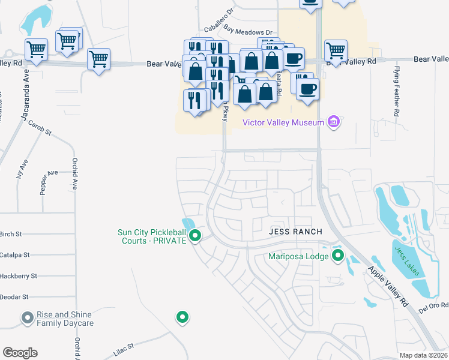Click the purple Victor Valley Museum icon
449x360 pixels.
tap(334, 123)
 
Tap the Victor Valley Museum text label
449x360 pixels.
tap(283, 123)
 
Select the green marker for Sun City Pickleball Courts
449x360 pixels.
tap(194, 236)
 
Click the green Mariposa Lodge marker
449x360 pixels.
tap(337, 257)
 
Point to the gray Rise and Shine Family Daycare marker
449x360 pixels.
tap(27, 318)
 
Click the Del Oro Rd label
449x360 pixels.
tap(433, 306)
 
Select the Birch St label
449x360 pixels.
tap(11, 234)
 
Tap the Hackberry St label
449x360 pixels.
tap(18, 276)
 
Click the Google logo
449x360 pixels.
tap(20, 353)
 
